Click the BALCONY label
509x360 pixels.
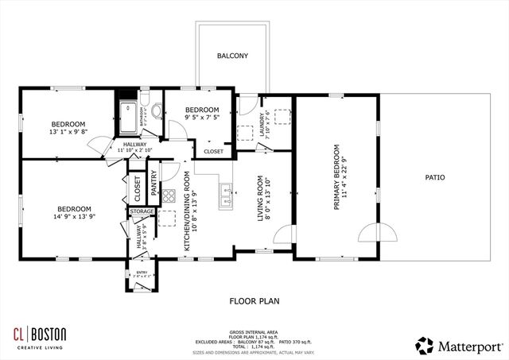pyautogui.click(x=233, y=56)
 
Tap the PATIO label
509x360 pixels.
pyautogui.click(x=434, y=178)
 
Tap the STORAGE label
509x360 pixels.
pyautogui.click(x=142, y=211)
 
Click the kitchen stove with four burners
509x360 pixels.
pyautogui.click(x=169, y=195)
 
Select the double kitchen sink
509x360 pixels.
pyautogui.click(x=227, y=190)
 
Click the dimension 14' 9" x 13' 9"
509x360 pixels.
pyautogui.click(x=53, y=217)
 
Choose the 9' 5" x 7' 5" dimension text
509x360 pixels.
pyautogui.click(x=201, y=118)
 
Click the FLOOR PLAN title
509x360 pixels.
pyautogui.click(x=254, y=301)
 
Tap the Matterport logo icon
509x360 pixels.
pyautogui.click(x=425, y=345)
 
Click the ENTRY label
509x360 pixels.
pyautogui.click(x=142, y=274)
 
